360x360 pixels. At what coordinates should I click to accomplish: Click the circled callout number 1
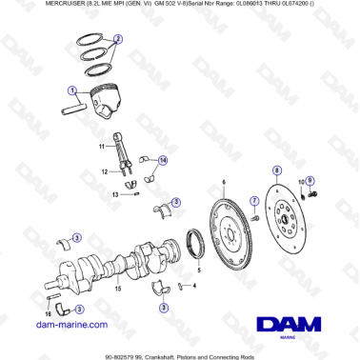72,90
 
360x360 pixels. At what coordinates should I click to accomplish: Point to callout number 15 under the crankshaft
116,287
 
